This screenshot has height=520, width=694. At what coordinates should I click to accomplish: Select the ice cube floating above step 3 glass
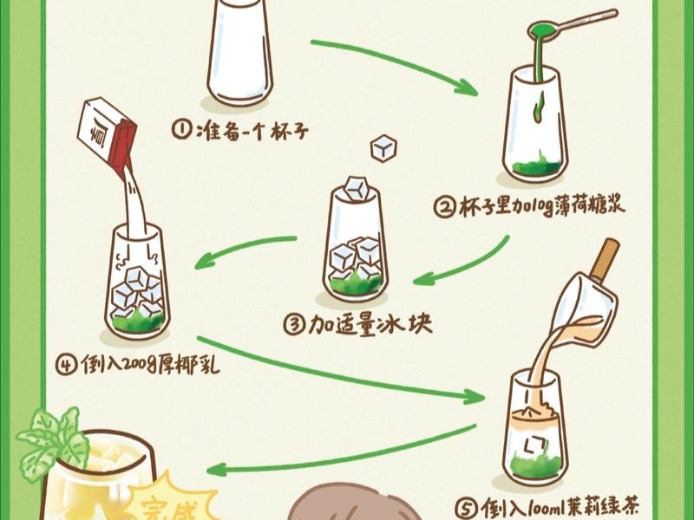pyautogui.click(x=383, y=148)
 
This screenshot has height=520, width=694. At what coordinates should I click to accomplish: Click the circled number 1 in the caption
pyautogui.click(x=181, y=132)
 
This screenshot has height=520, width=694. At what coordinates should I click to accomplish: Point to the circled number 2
pyautogui.click(x=445, y=206)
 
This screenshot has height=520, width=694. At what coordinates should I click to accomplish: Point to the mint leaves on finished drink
pyautogui.click(x=54, y=438)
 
